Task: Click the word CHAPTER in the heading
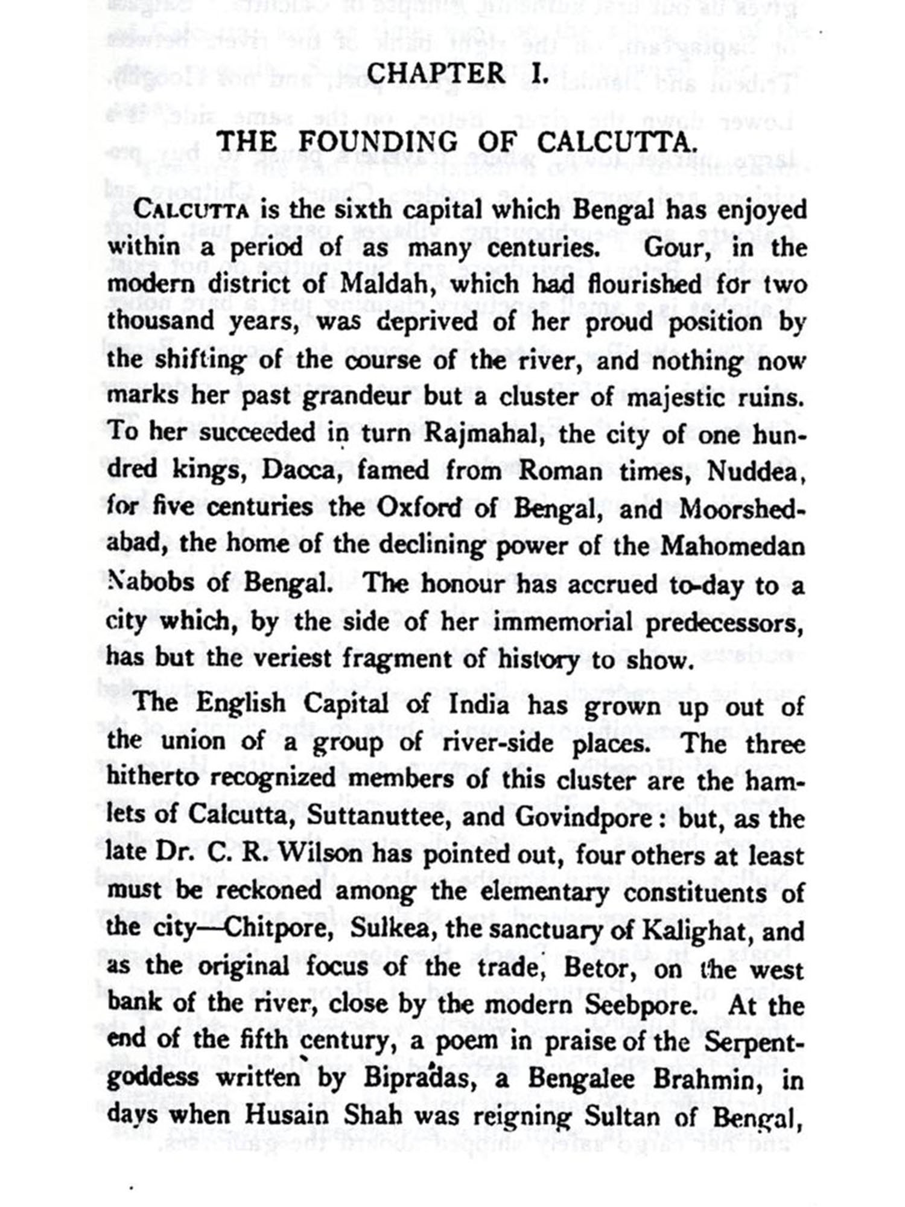[436, 75]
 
